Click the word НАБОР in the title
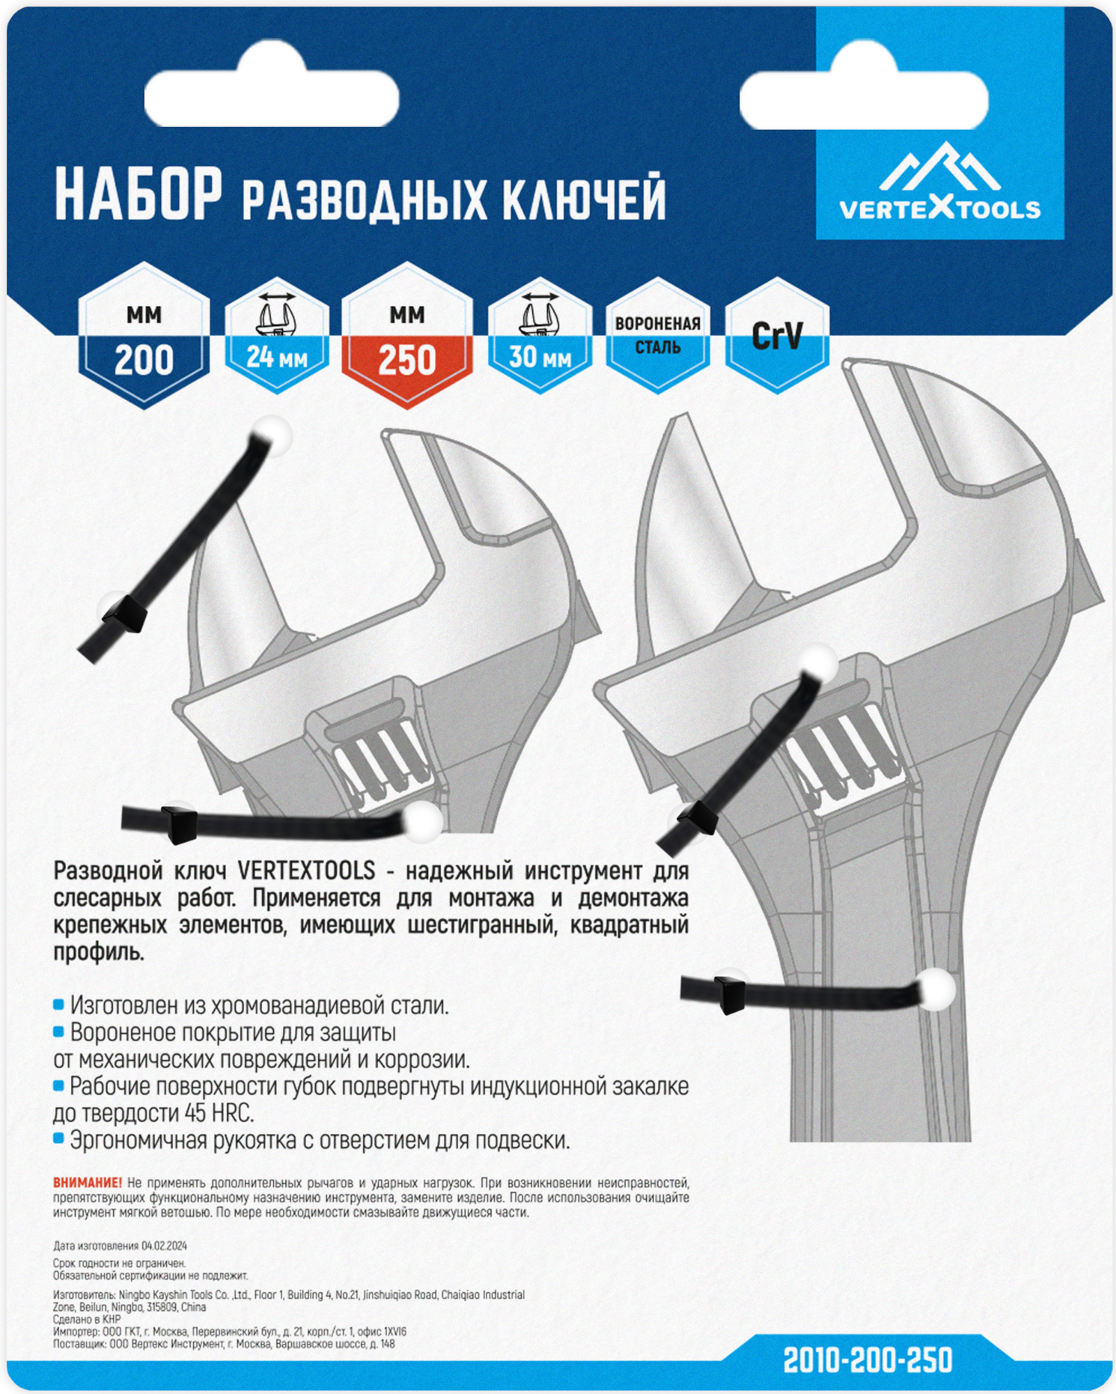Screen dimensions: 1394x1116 coord(138,196)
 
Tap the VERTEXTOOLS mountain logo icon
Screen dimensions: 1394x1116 coord(940,168)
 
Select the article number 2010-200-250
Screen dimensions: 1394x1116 coord(867,1360)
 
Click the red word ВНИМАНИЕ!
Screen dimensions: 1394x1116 coord(87,1183)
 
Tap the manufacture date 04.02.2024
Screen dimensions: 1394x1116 coord(164,1246)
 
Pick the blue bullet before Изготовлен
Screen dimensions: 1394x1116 coord(59,1004)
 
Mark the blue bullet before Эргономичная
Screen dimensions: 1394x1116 coord(59,1139)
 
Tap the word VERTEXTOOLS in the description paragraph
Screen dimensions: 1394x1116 coord(306,871)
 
